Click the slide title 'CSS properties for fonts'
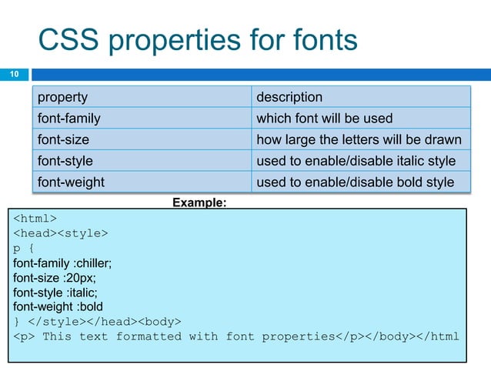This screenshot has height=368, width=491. (198, 40)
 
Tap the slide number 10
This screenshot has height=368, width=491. (13, 75)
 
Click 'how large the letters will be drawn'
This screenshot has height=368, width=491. (359, 139)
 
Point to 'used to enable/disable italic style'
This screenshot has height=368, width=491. (356, 161)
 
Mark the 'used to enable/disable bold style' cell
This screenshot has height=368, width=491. (355, 182)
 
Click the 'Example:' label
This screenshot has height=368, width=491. (199, 202)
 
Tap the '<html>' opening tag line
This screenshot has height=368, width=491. (35, 217)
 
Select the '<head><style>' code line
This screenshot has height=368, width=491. (60, 233)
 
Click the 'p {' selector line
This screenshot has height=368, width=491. (24, 249)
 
